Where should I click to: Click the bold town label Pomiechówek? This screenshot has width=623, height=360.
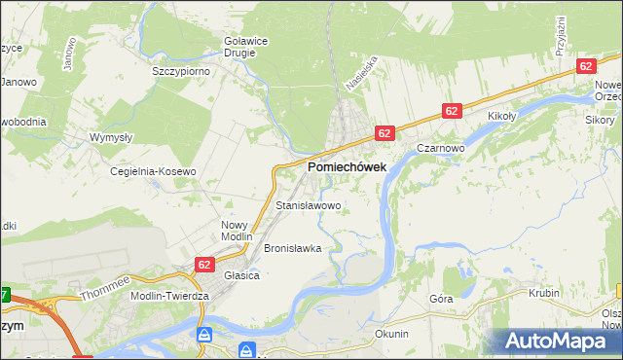[x=347, y=167]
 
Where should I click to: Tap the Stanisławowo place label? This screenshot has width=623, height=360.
[x=309, y=206]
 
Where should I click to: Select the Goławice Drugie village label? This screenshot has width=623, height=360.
[x=238, y=46]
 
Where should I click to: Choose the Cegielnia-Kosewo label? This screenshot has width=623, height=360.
[x=153, y=171]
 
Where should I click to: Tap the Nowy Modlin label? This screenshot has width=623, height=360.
[x=237, y=231]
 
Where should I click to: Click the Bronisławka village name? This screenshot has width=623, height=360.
[x=292, y=248]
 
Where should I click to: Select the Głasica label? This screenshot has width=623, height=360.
[x=241, y=275]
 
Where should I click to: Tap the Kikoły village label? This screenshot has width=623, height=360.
[x=500, y=117]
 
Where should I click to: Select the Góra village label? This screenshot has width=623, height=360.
[x=442, y=299]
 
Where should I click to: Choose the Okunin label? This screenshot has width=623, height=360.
[x=391, y=334]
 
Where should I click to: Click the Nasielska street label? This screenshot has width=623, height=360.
[x=366, y=72]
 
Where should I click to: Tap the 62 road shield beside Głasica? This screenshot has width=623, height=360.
[x=203, y=264]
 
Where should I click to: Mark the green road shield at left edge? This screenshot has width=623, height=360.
[x=5, y=295]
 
